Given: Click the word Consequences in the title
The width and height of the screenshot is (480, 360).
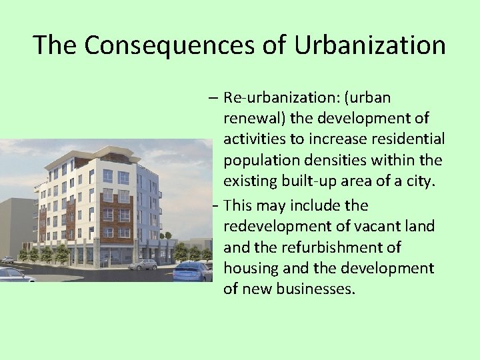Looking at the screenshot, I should coord(167,45).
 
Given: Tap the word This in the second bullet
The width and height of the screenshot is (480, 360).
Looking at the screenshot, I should coord(239,205).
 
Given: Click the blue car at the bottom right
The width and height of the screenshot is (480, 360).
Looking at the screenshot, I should coord(193,271).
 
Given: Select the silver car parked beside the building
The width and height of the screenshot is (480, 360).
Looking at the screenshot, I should coord(142,264).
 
